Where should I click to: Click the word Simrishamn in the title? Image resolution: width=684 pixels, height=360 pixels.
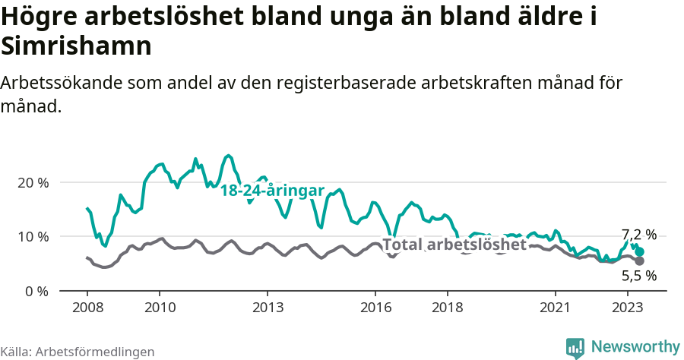pos(78,46)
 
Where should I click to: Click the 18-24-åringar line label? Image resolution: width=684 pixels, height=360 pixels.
pos(272,191)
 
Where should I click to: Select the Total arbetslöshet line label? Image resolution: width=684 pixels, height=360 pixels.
pos(454,245)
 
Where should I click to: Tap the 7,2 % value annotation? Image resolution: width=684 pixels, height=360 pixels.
pos(638,235)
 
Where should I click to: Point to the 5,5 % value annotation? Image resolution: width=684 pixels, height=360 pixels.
pos(638,276)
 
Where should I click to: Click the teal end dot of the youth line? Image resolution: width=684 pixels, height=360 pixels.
pos(640,251)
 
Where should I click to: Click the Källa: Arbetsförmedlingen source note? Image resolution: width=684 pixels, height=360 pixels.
pos(78,352)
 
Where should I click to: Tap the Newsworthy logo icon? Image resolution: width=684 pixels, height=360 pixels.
pos(575,348)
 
